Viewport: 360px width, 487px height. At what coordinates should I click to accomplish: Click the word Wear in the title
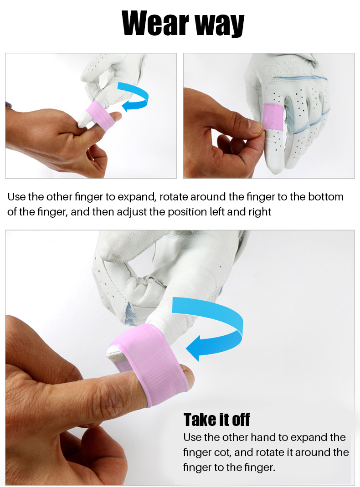tap(155, 23)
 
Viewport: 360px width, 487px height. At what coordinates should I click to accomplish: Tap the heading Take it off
tap(216, 419)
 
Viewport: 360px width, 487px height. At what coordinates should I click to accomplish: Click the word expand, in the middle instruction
tap(137, 197)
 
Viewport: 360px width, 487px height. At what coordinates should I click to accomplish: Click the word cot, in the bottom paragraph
tap(222, 452)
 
